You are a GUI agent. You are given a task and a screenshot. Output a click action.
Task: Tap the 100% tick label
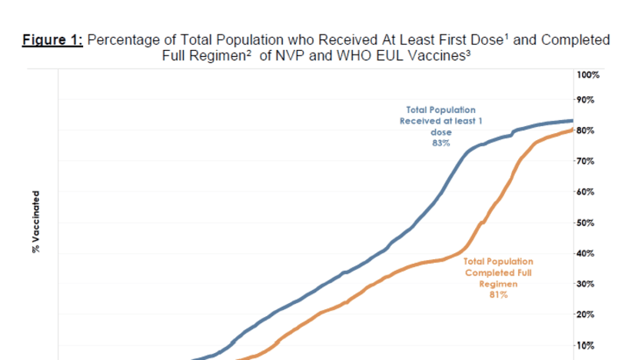[587, 75]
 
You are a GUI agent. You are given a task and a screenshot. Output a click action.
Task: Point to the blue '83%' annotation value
[440, 142]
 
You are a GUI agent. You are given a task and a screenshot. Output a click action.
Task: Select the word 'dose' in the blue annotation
[440, 132]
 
